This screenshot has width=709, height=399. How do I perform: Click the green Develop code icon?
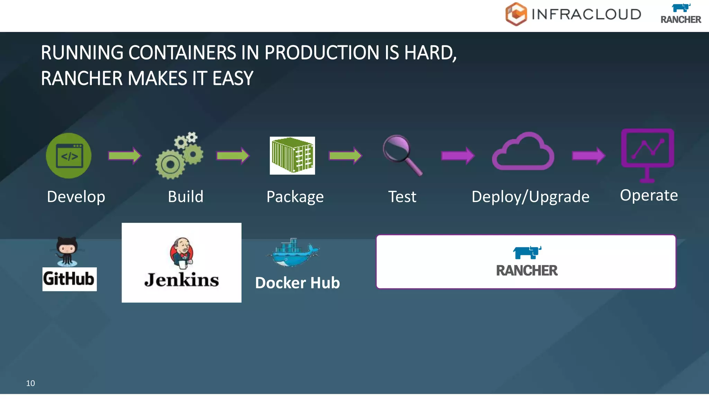[69, 156]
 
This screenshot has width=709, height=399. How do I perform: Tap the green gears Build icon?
[179, 156]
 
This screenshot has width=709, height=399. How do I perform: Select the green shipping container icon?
[292, 156]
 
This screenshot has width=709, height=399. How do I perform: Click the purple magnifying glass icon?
[402, 155]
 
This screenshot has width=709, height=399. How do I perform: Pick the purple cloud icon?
[523, 152]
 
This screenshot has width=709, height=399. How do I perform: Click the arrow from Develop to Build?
[125, 156]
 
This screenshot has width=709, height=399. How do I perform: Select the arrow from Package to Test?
[345, 156]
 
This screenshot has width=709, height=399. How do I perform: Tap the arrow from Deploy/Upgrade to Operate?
[589, 156]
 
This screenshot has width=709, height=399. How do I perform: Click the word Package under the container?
[295, 197]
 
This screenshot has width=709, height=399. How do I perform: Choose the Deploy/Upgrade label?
[530, 197]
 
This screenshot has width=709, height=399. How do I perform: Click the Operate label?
[649, 195]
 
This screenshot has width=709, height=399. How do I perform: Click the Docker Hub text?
[297, 283]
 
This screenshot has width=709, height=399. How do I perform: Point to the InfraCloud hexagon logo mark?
[516, 14]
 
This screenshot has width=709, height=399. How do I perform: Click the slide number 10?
[30, 383]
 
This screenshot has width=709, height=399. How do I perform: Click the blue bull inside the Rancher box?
[527, 252]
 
